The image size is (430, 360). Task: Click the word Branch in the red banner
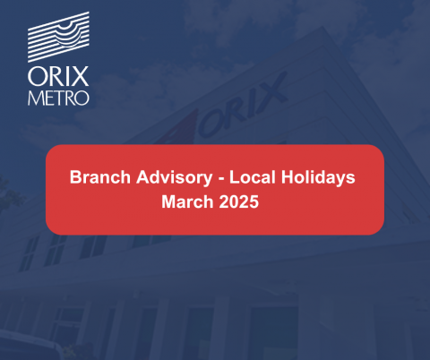point(100,177)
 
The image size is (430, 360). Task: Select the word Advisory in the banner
point(175,178)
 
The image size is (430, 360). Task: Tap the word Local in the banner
point(253,177)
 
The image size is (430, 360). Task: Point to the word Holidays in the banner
point(318,178)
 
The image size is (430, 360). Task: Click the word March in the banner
point(187,201)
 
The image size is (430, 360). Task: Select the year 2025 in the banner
point(239,201)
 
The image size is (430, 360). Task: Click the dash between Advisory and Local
point(221,179)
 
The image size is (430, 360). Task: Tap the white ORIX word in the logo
point(58,76)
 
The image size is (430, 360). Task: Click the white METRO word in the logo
point(58,98)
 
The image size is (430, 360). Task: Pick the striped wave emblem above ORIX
point(58,37)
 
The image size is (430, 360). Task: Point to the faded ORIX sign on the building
point(242,106)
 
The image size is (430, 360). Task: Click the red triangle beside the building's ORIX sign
point(179,128)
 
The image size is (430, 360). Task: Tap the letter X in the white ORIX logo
point(80,76)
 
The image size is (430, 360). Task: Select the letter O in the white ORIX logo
point(37,77)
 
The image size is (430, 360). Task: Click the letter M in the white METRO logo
point(34,98)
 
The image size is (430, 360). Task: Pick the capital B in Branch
point(75,177)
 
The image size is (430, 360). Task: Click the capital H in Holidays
point(288,177)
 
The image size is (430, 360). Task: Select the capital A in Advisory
point(142,177)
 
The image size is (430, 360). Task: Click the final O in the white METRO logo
point(82,98)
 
